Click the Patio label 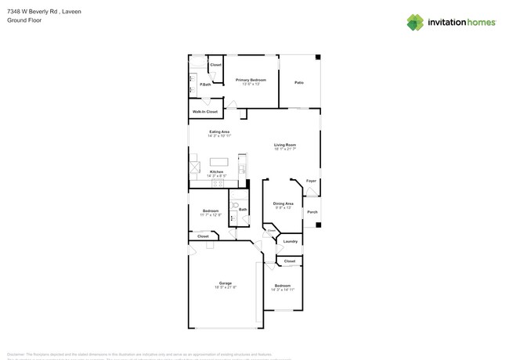(x=299, y=82)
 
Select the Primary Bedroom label (x=251, y=80)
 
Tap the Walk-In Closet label (x=205, y=112)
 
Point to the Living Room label (x=285, y=145)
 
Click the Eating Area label (x=219, y=131)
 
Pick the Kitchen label (x=216, y=171)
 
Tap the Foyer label (x=312, y=181)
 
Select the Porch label (x=312, y=212)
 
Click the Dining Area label (x=283, y=203)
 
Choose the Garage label (x=226, y=283)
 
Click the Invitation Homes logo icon (x=415, y=22)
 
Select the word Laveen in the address (x=71, y=13)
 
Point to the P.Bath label (x=205, y=85)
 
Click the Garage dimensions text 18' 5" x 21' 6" (x=226, y=288)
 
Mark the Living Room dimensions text (x=285, y=149)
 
